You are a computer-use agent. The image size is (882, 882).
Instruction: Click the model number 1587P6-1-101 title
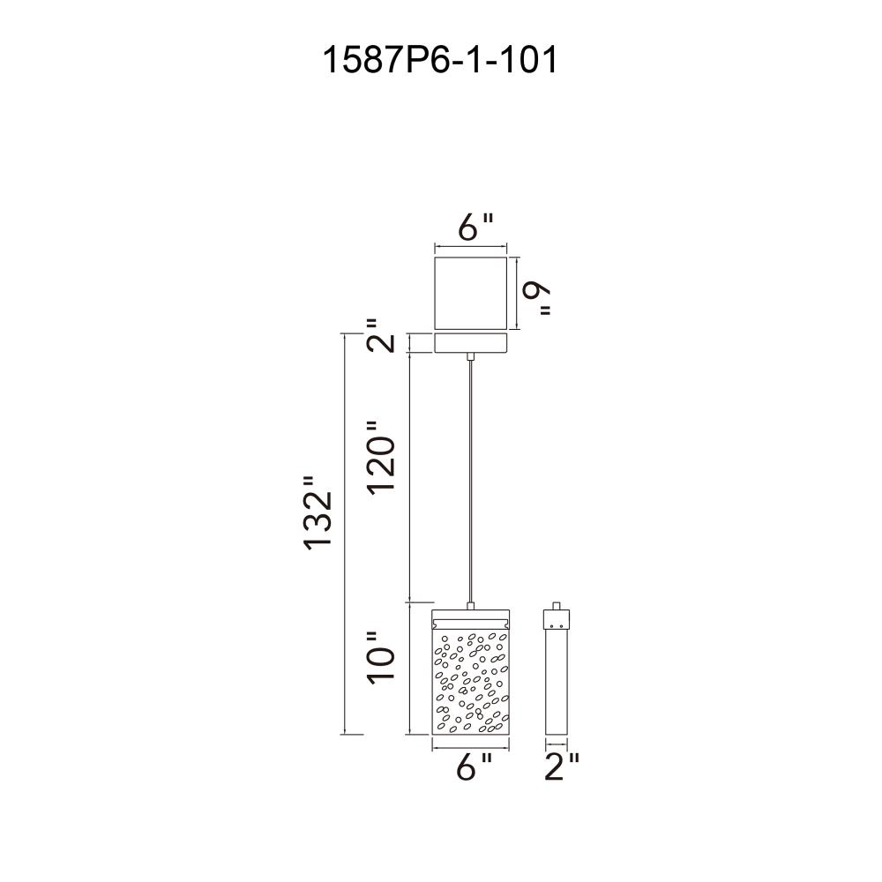439,60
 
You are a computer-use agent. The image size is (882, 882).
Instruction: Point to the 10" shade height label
381,658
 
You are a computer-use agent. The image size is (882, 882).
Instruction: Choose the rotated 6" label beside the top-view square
536,298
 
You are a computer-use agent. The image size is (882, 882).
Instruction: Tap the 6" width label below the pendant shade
474,766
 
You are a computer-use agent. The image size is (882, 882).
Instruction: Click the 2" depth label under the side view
561,766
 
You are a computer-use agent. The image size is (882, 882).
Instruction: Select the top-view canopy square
471,294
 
